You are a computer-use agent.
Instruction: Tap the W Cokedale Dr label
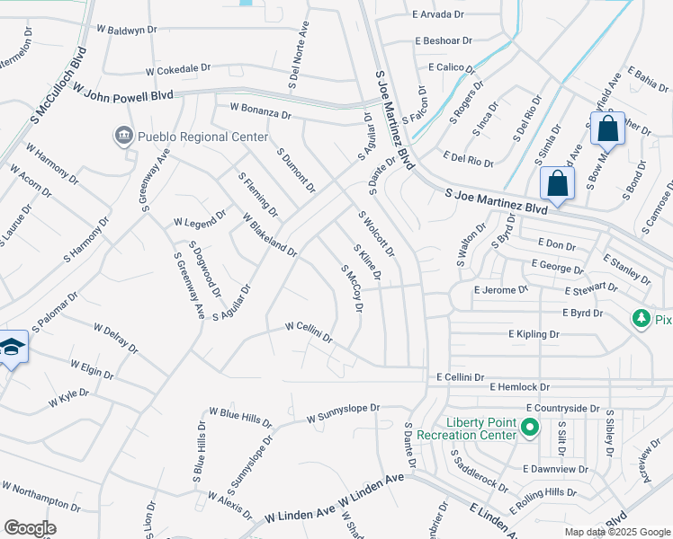click(178, 68)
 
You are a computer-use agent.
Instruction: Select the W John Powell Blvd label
click(123, 93)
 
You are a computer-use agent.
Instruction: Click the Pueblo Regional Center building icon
click(122, 137)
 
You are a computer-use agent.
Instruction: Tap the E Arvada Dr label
click(438, 15)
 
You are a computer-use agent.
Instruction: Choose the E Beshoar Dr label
click(444, 41)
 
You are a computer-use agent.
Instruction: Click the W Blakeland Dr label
click(269, 234)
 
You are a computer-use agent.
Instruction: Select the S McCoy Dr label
click(351, 288)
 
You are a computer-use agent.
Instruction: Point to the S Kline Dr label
click(367, 263)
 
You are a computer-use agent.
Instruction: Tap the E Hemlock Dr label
click(519, 386)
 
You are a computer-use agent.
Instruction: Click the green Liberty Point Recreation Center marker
click(530, 429)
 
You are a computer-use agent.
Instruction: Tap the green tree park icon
click(642, 319)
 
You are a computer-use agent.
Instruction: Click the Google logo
click(30, 527)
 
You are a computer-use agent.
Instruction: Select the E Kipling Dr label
click(534, 334)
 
